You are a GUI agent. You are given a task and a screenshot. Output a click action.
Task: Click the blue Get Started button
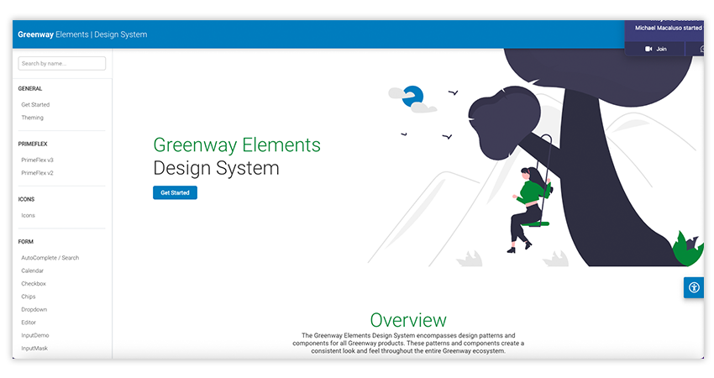click(x=175, y=193)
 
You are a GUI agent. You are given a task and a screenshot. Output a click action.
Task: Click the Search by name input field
click(x=62, y=63)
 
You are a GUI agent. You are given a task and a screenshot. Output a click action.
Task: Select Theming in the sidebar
click(x=33, y=118)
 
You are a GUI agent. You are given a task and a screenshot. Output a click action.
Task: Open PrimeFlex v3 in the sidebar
click(x=38, y=160)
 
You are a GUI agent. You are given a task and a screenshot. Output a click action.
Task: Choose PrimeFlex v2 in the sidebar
click(x=38, y=173)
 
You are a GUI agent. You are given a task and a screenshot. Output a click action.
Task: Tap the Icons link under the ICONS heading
click(x=29, y=215)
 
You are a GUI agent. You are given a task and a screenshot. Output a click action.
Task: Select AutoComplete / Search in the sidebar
click(x=50, y=258)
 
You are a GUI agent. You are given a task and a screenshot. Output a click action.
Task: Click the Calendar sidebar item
click(x=33, y=270)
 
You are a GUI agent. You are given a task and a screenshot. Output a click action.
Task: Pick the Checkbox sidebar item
click(x=34, y=284)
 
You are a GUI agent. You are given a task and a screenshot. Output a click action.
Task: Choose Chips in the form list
click(x=29, y=297)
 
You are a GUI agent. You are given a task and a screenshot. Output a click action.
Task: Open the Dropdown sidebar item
click(x=34, y=309)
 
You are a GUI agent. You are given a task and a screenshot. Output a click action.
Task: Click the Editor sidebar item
click(x=29, y=323)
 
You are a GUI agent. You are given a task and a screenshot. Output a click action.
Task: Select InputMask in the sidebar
click(x=35, y=348)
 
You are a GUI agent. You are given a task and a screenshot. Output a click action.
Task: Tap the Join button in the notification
click(x=656, y=50)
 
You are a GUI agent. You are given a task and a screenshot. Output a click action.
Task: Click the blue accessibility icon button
click(x=694, y=287)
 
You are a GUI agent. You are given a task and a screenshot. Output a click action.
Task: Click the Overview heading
click(x=408, y=320)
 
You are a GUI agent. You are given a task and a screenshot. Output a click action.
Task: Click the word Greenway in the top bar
click(x=35, y=34)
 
